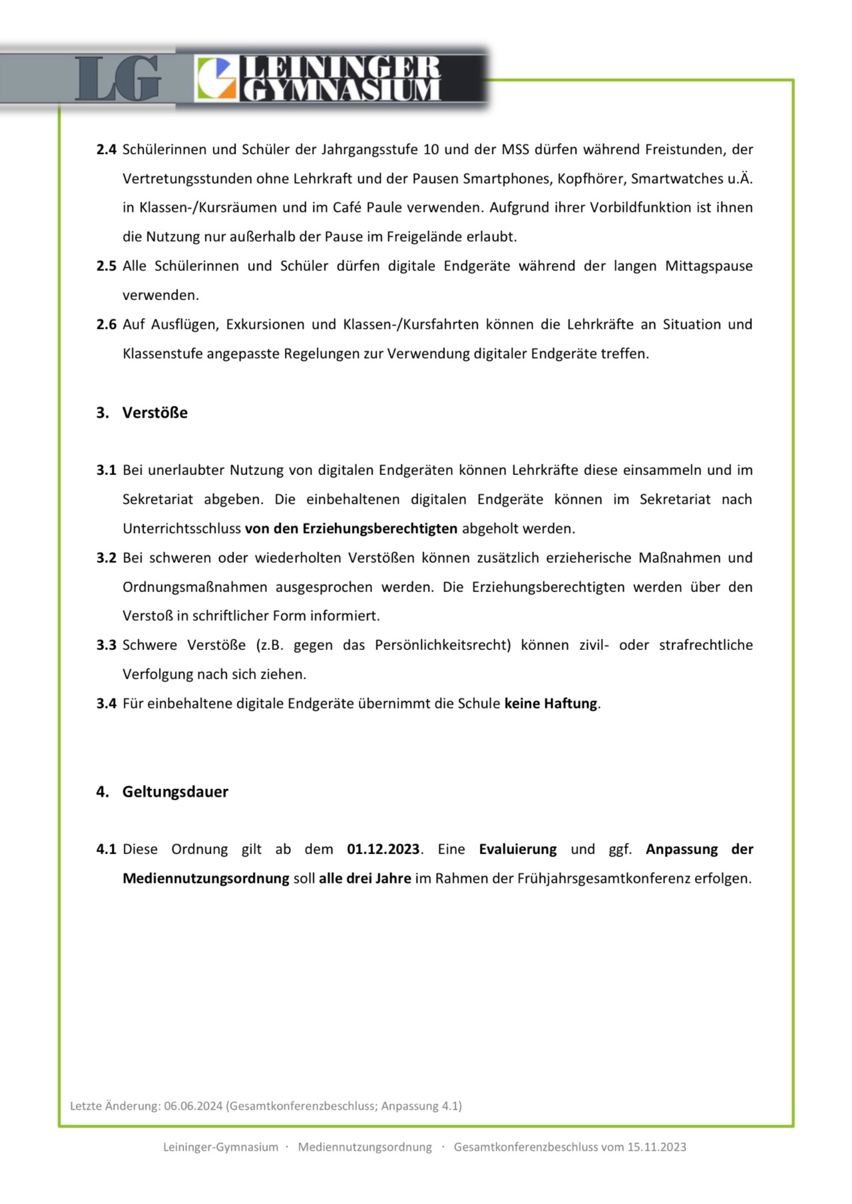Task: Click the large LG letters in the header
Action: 118,78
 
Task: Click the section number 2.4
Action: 106,149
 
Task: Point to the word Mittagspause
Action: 708,266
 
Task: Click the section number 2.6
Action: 106,325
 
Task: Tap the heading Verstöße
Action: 154,412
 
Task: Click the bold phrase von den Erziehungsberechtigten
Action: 351,529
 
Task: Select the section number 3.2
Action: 106,557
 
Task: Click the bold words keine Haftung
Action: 551,703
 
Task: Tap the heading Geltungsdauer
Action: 175,792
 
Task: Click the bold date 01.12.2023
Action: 383,849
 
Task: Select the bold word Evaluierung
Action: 518,849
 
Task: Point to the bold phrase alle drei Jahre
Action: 365,879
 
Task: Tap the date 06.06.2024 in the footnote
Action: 193,1106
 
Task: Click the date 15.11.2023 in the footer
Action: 656,1147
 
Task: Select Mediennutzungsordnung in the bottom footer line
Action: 365,1147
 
